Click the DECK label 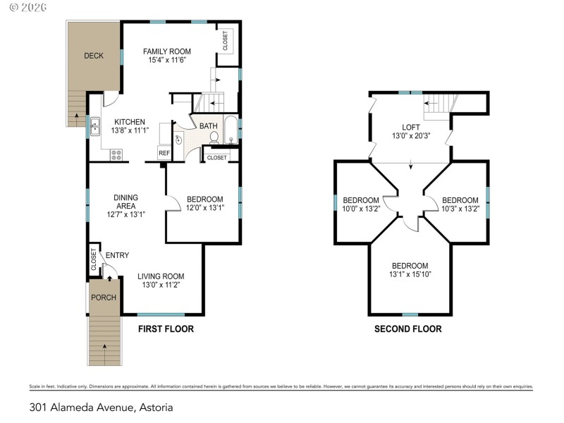pyautogui.click(x=94, y=56)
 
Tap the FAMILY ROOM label pyautogui.click(x=166, y=51)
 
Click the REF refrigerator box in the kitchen pyautogui.click(x=164, y=152)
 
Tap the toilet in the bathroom pyautogui.click(x=214, y=137)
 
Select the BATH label pyautogui.click(x=208, y=126)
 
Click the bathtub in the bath pyautogui.click(x=231, y=129)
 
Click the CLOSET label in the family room pyautogui.click(x=226, y=42)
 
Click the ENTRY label pyautogui.click(x=116, y=255)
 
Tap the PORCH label pyautogui.click(x=103, y=297)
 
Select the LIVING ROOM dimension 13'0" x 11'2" pyautogui.click(x=161, y=286)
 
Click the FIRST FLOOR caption pyautogui.click(x=166, y=329)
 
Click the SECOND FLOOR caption pyautogui.click(x=407, y=329)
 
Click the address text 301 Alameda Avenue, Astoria pyautogui.click(x=101, y=407)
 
